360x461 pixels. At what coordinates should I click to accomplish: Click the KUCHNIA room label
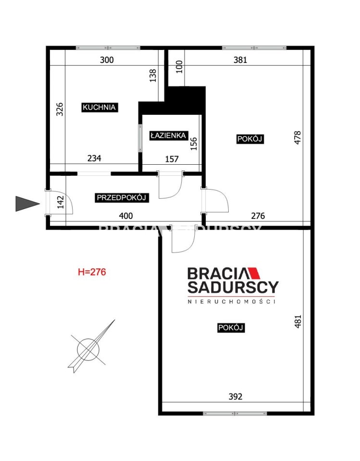coord(99,107)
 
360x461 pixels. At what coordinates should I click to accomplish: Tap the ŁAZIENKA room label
coord(168,135)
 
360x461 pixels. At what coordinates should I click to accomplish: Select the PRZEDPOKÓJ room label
coord(122,197)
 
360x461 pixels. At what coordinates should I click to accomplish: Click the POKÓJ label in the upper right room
coord(250,139)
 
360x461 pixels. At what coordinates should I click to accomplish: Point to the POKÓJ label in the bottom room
coord(231,328)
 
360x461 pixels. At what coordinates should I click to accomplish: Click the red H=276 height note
coord(92,272)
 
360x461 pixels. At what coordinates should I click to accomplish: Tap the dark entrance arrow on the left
coord(27,204)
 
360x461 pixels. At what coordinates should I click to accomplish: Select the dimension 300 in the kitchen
coord(107,60)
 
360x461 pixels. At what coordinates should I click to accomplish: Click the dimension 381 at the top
coord(240,60)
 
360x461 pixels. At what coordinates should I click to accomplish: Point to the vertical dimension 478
coord(298,138)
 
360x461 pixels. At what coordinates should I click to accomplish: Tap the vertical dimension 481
coord(298,322)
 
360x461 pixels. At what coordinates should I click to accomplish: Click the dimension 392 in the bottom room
coord(236,397)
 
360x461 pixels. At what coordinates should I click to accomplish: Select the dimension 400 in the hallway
coord(126,216)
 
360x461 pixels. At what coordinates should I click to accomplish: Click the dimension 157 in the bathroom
coord(172,159)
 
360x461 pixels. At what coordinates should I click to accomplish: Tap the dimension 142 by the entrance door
coord(61,202)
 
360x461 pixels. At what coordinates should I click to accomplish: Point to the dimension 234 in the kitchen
coord(95,158)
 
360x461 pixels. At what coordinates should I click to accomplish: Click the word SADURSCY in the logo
coord(233,287)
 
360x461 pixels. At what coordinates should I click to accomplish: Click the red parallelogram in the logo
coord(254,273)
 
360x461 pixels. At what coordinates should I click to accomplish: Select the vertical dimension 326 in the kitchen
coord(60,109)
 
